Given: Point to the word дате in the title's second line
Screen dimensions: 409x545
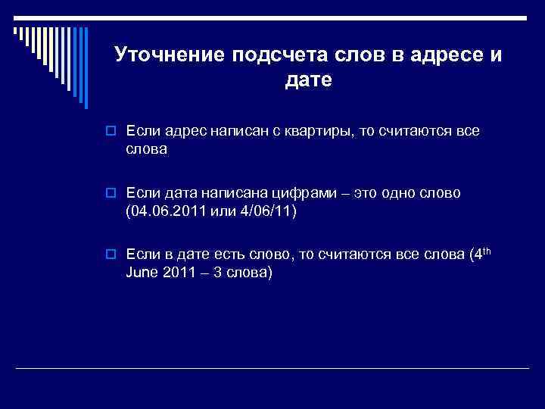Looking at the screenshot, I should [309, 80].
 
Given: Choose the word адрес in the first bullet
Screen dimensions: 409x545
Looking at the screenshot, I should [179, 132].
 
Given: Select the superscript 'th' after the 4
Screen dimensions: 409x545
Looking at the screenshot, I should [487, 250].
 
